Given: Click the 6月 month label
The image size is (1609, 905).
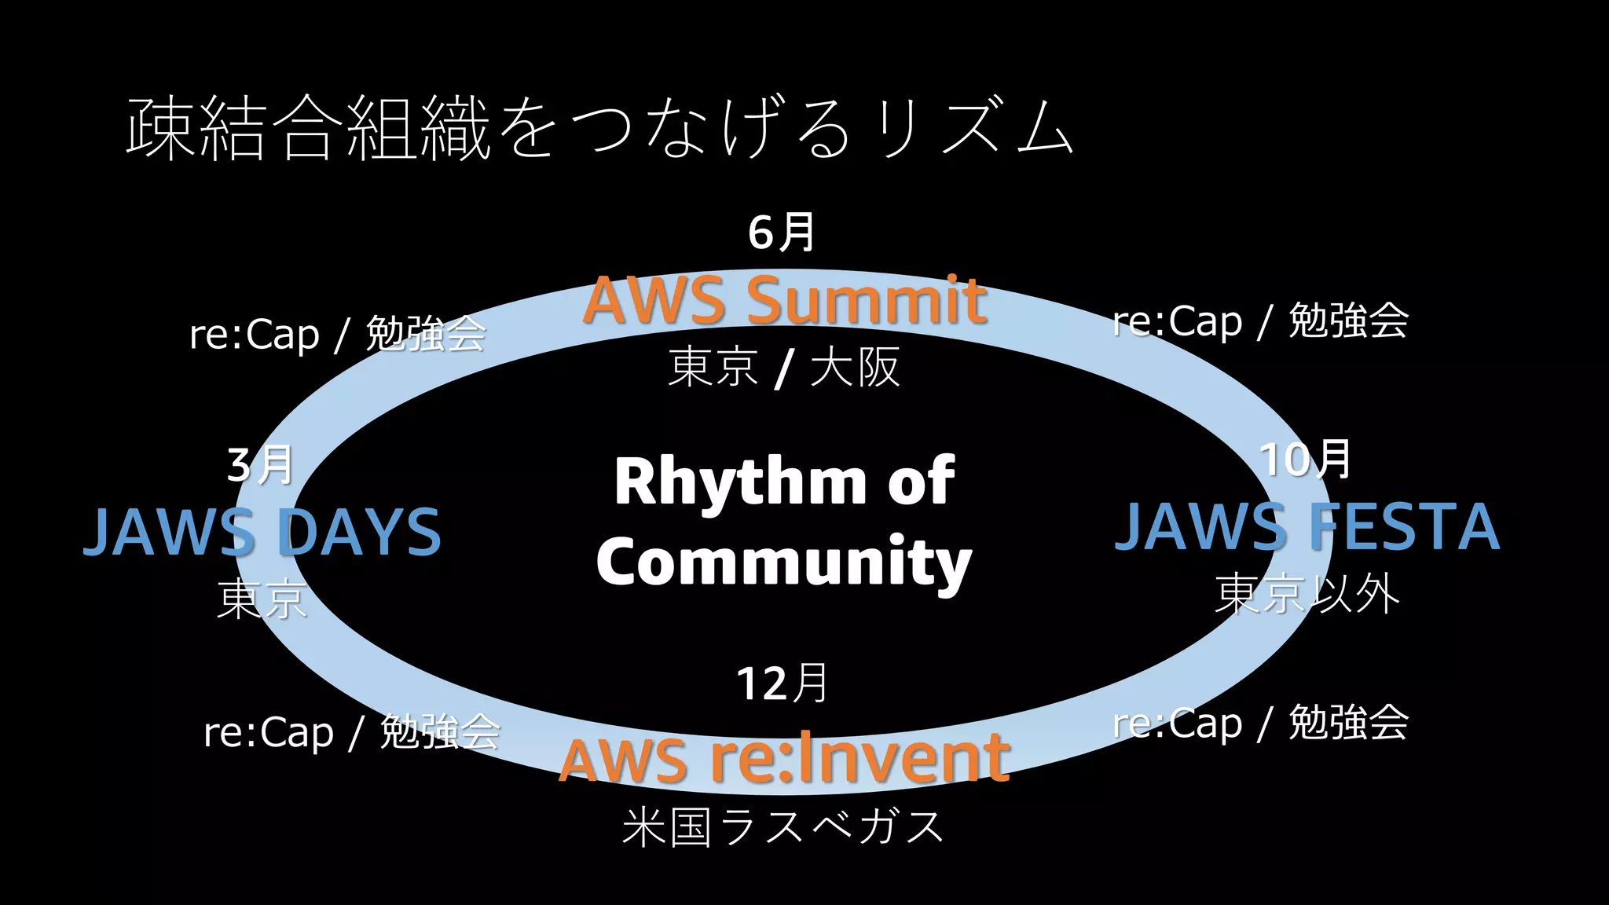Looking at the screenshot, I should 781,233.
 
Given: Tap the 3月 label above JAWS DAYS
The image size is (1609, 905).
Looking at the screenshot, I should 260,465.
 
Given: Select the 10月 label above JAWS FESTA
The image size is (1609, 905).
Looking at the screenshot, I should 1305,460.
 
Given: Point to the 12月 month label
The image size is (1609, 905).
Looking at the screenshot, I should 783,683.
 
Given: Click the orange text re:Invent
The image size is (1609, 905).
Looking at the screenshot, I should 859,758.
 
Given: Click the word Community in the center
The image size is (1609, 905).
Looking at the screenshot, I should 784,561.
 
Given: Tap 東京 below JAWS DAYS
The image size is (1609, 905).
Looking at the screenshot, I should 262,599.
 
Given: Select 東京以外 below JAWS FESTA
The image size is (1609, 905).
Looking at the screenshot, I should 1307,594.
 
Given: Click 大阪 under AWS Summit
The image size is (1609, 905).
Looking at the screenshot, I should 855,367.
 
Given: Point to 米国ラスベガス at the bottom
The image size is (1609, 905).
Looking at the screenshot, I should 783,826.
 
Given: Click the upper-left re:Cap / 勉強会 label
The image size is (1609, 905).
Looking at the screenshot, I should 338,335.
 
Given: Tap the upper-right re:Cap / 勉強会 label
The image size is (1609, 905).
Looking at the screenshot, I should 1260,321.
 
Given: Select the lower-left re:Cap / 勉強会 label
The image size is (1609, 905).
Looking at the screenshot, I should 351,732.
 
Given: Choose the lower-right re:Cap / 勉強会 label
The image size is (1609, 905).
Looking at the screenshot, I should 1260,723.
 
